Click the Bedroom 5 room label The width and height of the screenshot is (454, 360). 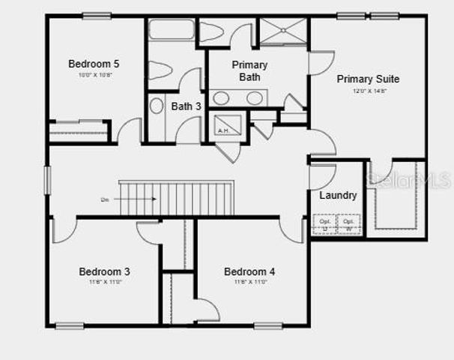pos(94,64)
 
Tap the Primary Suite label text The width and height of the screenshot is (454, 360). pos(368,79)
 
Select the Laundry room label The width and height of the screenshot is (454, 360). pos(338,196)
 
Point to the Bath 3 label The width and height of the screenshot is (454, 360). pos(186,106)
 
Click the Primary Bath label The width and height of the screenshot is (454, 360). pos(249,70)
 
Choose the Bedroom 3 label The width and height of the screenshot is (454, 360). pos(105,271)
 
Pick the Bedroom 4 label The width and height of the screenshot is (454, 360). pos(249,271)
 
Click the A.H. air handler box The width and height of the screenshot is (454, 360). pos(227,125)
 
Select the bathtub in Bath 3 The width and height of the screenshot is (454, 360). pos(172,30)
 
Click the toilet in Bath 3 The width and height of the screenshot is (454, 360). pos(160,70)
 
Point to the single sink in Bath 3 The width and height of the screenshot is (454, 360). pos(157,106)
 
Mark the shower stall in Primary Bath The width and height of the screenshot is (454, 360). pos(282,31)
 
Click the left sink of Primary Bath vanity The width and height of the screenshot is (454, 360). pos(221,98)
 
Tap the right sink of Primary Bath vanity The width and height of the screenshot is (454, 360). pos(255,98)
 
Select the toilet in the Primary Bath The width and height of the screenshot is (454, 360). pos(212,31)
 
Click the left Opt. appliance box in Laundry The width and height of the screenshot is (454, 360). pos(324,224)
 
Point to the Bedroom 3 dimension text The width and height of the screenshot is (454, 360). pos(105,283)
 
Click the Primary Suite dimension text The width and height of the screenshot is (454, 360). pos(368,91)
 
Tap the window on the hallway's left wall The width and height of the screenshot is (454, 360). pos(47,180)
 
